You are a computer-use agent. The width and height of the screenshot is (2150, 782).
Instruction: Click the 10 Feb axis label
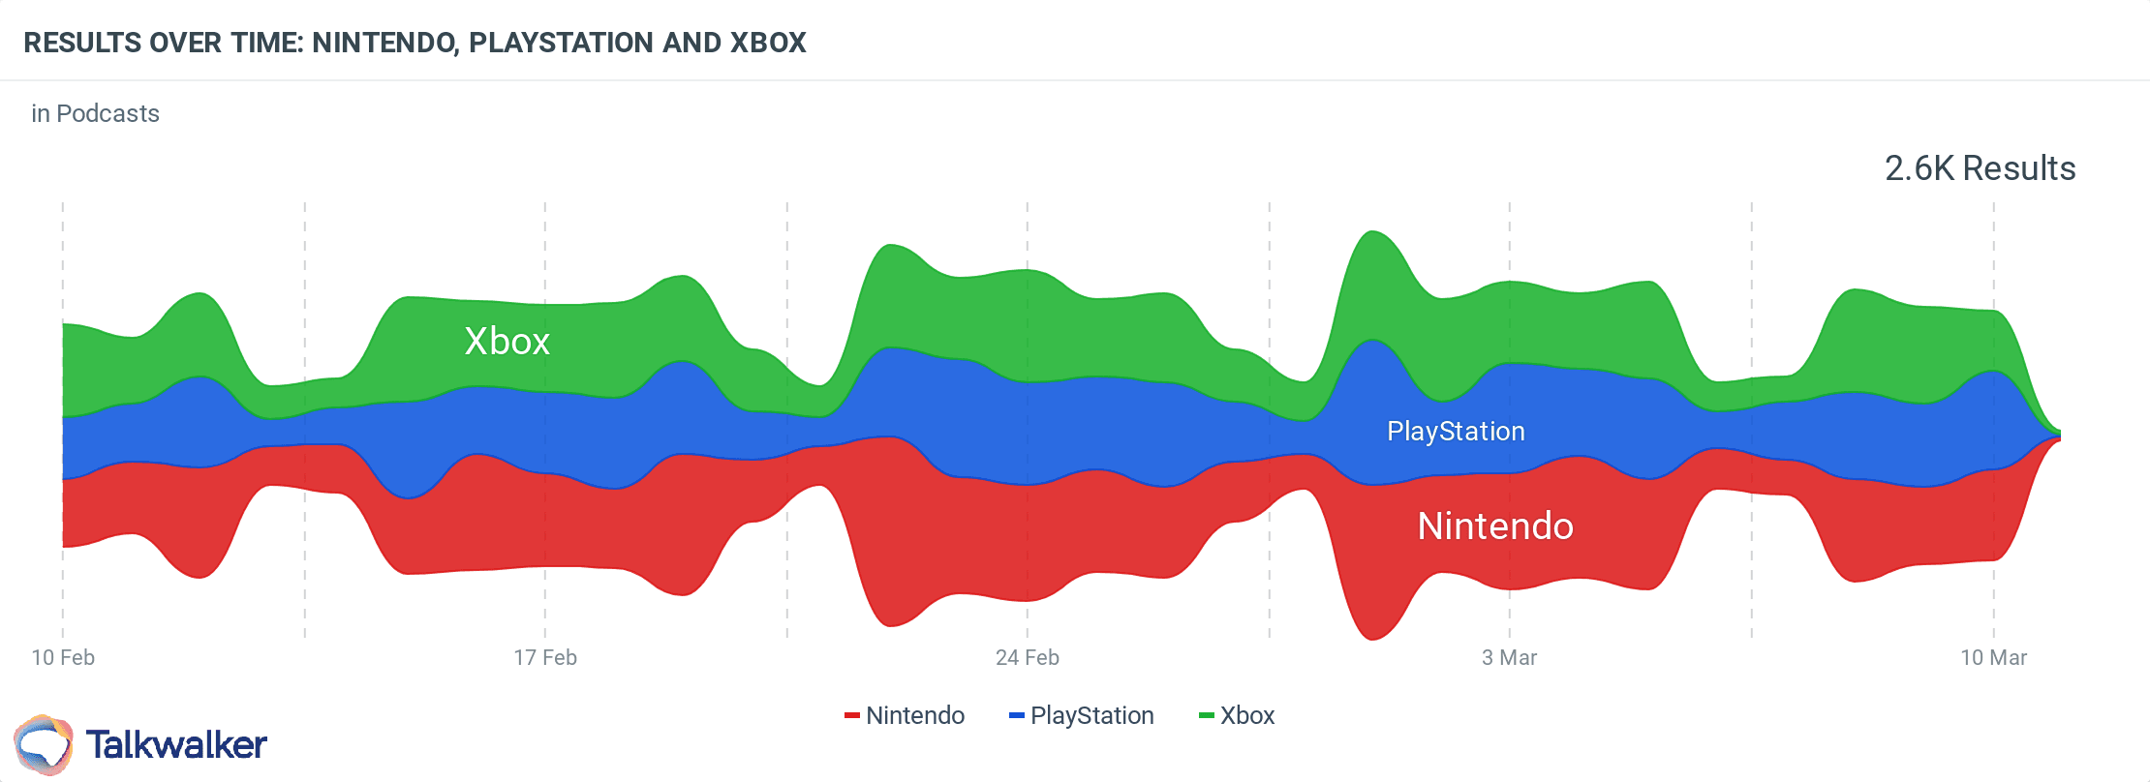(63, 658)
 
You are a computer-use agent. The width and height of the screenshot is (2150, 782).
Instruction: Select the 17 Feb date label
(545, 658)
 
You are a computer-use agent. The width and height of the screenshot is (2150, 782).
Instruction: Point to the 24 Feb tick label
(1028, 658)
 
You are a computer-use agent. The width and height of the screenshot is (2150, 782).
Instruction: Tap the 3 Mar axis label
(1509, 658)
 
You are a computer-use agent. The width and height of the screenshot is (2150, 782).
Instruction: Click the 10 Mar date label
(1993, 658)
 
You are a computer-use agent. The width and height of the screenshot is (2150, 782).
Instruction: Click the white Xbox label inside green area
(507, 342)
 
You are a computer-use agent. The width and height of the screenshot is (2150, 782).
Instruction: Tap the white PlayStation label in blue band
(1456, 432)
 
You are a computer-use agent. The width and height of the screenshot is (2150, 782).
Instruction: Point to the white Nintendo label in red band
(1495, 526)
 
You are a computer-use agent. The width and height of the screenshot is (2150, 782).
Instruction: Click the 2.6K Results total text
(1980, 168)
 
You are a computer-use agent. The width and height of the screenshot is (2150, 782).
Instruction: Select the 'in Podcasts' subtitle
(95, 114)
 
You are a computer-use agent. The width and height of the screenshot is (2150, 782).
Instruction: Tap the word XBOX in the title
(768, 44)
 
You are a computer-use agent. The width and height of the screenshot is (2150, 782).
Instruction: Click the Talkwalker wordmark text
(176, 745)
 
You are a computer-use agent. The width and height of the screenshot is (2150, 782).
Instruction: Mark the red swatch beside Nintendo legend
(852, 716)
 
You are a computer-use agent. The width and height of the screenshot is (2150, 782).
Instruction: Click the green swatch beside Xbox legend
(1207, 716)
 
